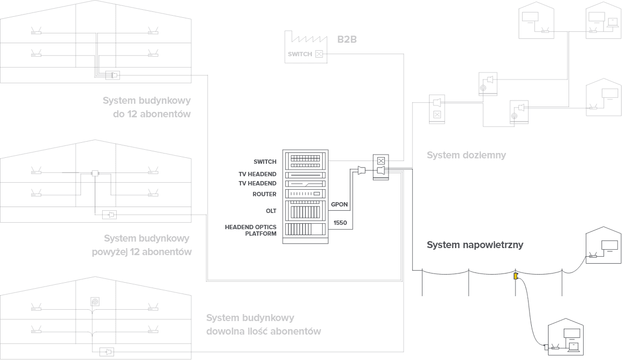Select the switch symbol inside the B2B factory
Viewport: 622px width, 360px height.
coord(319,54)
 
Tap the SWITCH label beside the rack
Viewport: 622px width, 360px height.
coord(265,162)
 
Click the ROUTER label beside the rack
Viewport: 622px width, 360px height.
coord(264,194)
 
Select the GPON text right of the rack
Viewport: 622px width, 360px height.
coord(339,204)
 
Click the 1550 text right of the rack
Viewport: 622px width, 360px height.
coord(340,222)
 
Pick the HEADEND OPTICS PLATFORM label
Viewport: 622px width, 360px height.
coord(251,230)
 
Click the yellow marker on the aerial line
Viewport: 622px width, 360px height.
coord(516,276)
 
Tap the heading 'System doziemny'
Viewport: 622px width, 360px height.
coord(466,156)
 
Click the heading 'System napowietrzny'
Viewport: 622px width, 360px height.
coord(474,245)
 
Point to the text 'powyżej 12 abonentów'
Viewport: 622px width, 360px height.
coord(143,252)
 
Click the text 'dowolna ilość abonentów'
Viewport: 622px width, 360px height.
coord(264,331)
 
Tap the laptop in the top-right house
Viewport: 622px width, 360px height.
coord(613,23)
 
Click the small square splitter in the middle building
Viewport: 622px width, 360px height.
coord(95,173)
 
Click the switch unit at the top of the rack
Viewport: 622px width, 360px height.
coord(305,159)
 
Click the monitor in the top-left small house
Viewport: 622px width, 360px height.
coord(529,17)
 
